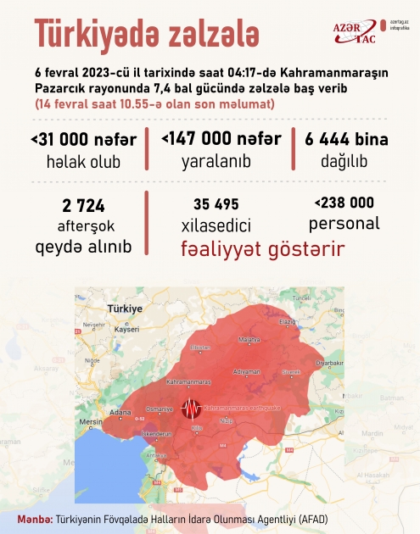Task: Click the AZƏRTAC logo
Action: pos(346,31)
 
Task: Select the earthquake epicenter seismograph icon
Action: pos(192,407)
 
